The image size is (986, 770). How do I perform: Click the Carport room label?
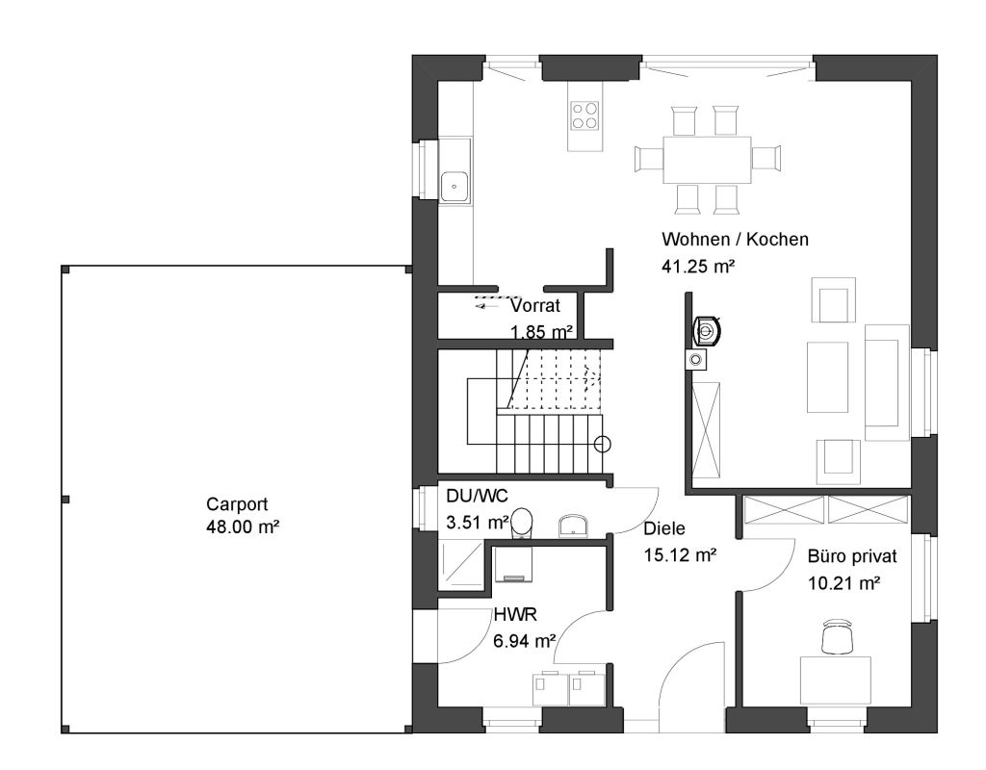coord(237,504)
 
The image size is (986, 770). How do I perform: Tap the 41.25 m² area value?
coord(698,267)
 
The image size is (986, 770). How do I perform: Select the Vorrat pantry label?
coord(535,305)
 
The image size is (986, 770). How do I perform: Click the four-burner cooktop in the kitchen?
coord(584,115)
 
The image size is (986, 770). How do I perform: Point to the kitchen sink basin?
coord(455,187)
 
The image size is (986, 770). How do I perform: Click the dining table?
coord(707,161)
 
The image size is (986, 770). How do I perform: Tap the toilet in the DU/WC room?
coord(521,524)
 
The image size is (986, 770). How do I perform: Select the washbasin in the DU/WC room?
coord(574,526)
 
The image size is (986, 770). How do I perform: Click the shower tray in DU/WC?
coord(461,566)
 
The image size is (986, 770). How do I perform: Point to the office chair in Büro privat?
coord(838,635)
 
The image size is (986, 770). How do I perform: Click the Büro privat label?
coord(852,557)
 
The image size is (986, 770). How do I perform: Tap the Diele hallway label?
coord(664,529)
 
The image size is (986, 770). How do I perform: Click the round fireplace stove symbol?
coord(708,331)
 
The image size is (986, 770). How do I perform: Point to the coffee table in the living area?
coord(827,377)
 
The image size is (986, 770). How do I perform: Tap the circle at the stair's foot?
coord(603,445)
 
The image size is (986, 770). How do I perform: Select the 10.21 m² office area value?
coord(843,584)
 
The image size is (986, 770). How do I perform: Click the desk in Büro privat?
coord(835,680)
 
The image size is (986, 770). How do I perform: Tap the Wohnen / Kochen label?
coord(735,240)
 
